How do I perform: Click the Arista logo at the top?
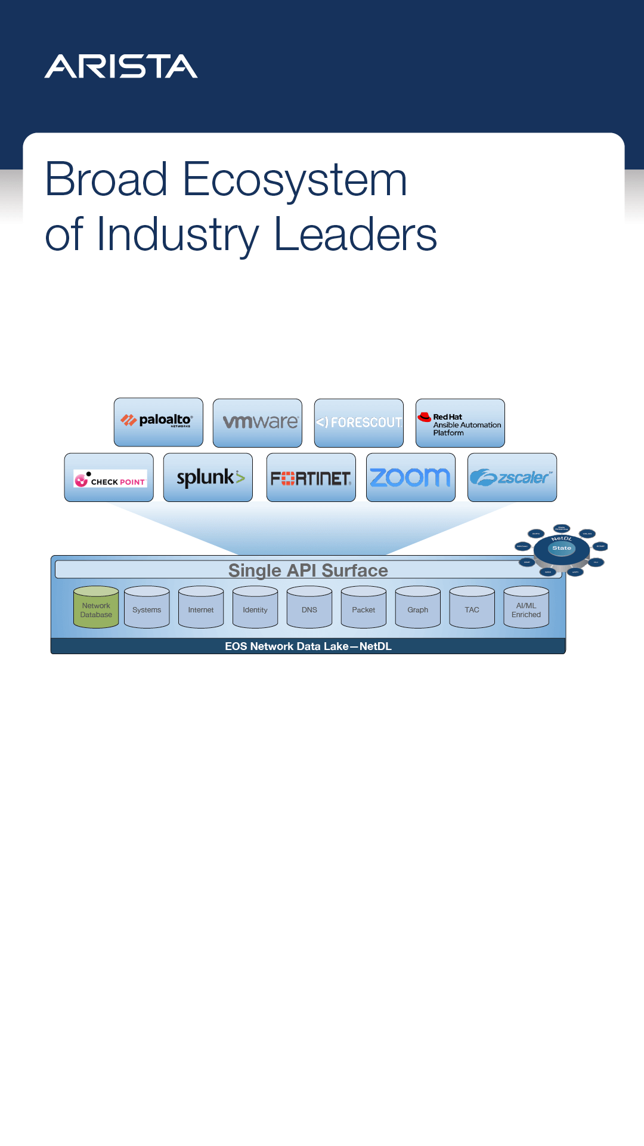(121, 66)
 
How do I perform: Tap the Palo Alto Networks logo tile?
(159, 422)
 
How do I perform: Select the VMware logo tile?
(258, 423)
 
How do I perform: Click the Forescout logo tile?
(359, 423)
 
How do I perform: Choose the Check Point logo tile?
(109, 478)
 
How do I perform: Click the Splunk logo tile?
(208, 478)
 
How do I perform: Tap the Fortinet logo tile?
(311, 478)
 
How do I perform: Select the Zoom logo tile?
(411, 478)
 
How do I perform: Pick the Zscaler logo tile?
(512, 478)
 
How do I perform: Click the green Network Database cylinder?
(96, 608)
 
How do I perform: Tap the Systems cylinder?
(147, 608)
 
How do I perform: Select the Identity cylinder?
(255, 608)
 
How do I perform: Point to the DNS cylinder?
(309, 608)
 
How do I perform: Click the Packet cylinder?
(364, 608)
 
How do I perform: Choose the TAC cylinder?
(472, 608)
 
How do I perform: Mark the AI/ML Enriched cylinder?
(526, 608)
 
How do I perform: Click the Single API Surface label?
(308, 570)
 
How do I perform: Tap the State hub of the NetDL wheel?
(562, 548)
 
